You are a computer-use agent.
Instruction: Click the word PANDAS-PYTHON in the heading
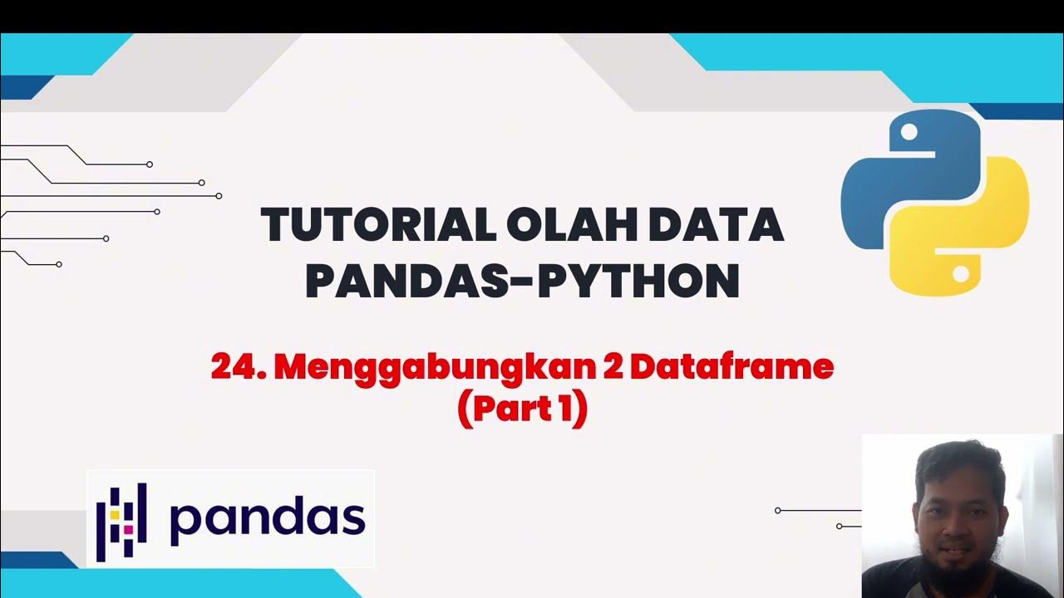point(522,282)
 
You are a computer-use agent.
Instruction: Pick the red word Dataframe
point(731,367)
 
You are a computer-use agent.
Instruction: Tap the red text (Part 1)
point(522,409)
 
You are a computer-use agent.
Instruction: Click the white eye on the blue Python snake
point(909,132)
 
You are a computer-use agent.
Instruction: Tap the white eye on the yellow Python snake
point(961,272)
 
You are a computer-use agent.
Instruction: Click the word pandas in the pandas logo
point(267,518)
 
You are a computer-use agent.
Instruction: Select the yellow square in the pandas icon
point(113,514)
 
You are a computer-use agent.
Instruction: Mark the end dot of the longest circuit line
point(219,196)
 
